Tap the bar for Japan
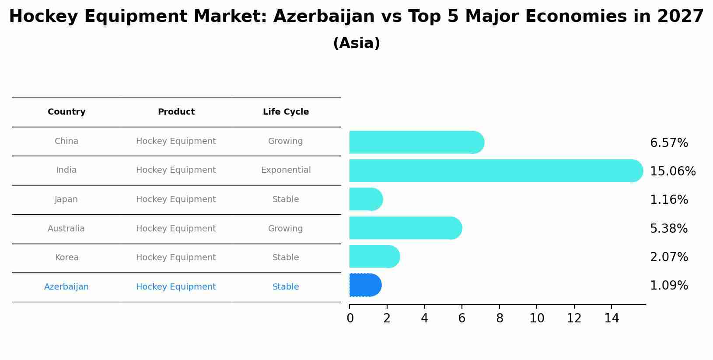(366, 199)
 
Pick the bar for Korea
(374, 256)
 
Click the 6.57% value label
(669, 143)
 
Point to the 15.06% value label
(672, 171)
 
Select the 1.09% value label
(669, 286)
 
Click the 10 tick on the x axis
(537, 318)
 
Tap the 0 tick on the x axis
(350, 318)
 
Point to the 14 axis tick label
(612, 318)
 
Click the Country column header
(66, 112)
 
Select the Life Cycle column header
(286, 112)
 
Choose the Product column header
(176, 112)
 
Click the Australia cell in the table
(66, 229)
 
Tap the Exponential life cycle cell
(286, 170)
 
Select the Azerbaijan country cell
(66, 287)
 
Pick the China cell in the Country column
(66, 141)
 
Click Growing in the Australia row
(285, 229)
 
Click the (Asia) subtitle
(356, 43)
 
